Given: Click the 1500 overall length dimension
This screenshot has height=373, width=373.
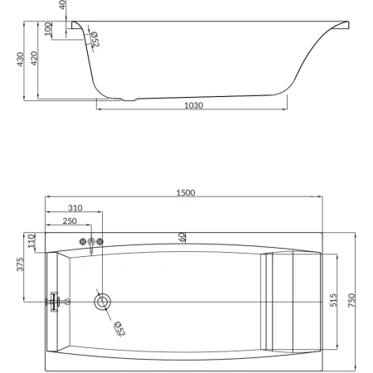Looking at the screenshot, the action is click(186, 192).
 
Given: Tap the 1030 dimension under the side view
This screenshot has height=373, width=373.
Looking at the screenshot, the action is click(194, 105).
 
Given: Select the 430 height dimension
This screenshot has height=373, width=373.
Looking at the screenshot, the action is click(20, 59).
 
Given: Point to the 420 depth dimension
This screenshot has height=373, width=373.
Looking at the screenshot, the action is click(34, 58).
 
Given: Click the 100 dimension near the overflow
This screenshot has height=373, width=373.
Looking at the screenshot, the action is click(48, 29).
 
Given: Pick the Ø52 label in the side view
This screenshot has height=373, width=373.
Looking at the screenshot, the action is click(94, 39).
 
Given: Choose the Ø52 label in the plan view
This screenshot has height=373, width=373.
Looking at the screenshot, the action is click(119, 329).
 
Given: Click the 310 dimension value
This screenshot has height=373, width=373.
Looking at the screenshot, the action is click(75, 208).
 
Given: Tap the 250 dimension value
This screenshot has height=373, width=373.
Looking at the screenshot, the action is click(70, 221).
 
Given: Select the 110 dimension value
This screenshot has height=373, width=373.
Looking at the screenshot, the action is click(31, 240).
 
